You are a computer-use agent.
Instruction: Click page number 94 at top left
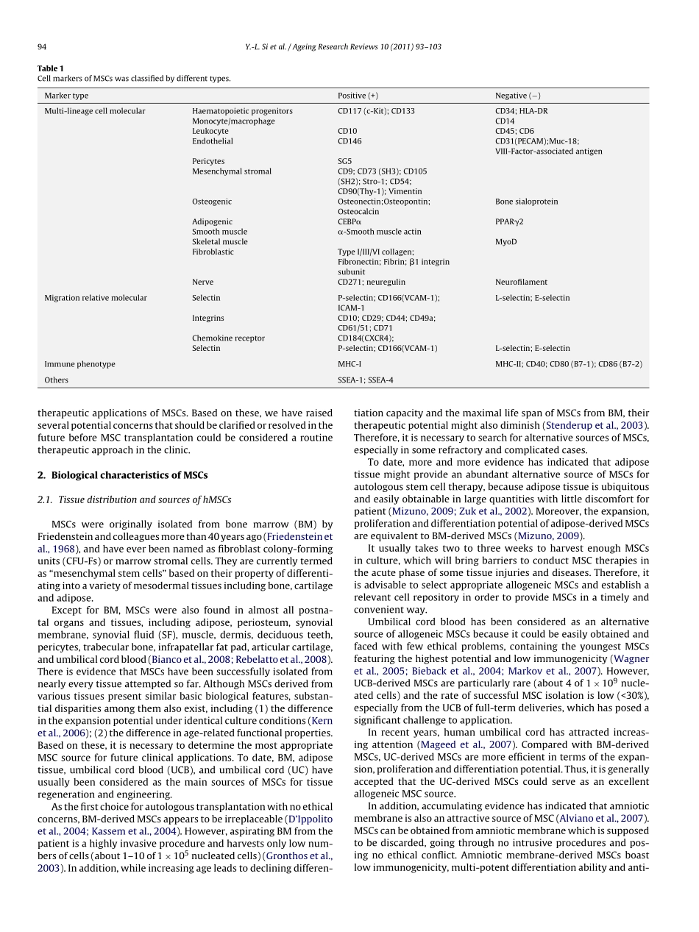(x=42, y=47)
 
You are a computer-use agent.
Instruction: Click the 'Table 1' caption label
(x=51, y=68)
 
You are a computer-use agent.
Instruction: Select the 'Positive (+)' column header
(x=358, y=96)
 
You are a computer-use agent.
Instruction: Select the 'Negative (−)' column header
(x=517, y=96)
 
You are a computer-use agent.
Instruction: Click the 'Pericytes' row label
(x=208, y=161)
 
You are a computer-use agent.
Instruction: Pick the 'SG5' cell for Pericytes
(x=344, y=161)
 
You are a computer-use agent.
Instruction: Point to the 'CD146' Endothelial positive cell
(x=349, y=141)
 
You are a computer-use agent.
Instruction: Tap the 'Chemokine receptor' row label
(x=228, y=338)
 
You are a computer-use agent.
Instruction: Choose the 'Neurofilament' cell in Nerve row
(x=521, y=282)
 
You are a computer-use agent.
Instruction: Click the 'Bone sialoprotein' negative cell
(x=526, y=202)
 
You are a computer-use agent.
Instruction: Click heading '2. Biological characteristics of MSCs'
(x=122, y=475)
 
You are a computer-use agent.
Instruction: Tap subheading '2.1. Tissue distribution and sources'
(x=134, y=500)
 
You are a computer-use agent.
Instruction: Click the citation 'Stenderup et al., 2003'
(x=596, y=425)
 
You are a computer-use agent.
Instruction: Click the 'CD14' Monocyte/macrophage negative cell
(x=505, y=121)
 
